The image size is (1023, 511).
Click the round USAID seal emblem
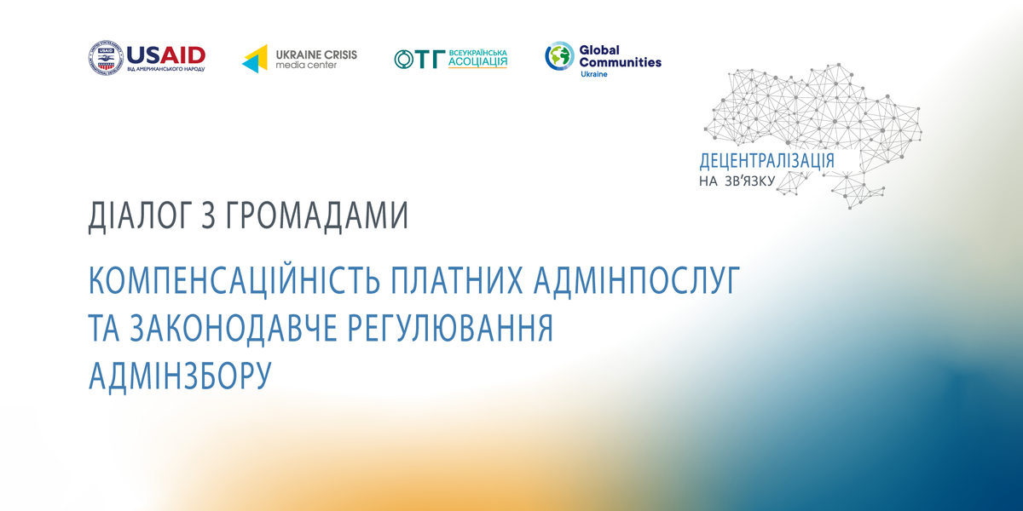[106, 58]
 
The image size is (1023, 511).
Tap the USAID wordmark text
[165, 55]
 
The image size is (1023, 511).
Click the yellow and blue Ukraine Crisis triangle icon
[255, 59]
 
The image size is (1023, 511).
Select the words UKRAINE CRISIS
[316, 55]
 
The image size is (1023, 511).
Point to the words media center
[306, 66]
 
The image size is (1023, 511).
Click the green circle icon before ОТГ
[404, 60]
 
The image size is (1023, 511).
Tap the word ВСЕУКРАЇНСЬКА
[477, 53]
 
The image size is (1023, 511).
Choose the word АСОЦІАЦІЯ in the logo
[477, 62]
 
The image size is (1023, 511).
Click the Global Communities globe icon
[559, 56]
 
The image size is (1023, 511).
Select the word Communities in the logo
[621, 62]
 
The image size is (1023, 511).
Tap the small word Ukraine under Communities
[593, 74]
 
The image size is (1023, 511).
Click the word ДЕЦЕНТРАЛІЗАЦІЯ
[766, 161]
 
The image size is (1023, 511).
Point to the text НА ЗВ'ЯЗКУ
[737, 181]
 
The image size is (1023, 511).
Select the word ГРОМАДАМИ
[316, 216]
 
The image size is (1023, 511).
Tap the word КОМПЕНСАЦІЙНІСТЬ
[234, 279]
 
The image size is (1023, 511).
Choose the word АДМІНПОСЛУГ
[637, 280]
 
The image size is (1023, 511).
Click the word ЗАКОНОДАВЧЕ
[234, 328]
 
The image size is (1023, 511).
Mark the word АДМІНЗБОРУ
[180, 376]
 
